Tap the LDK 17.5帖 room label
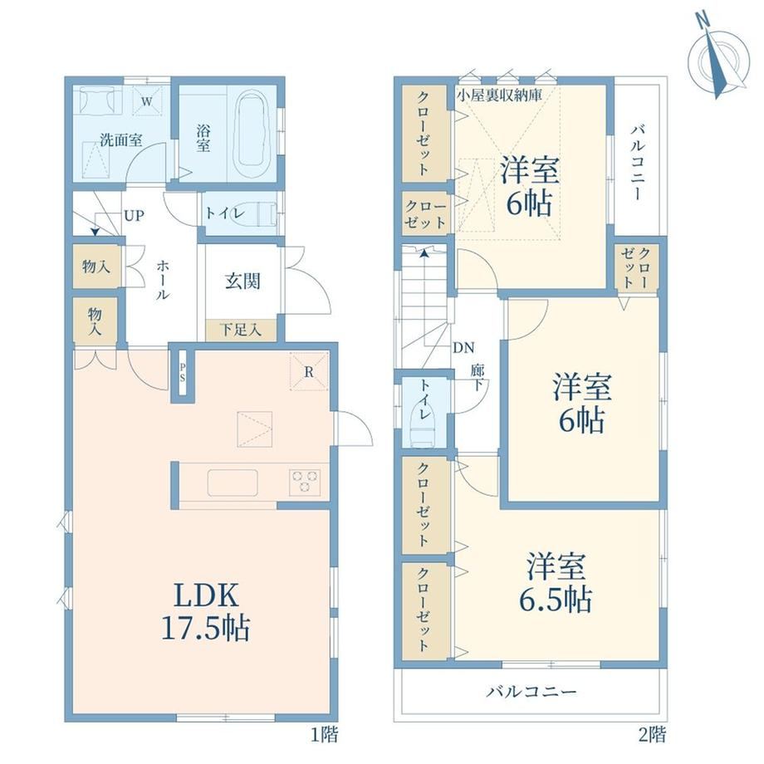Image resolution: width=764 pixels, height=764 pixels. point(206,611)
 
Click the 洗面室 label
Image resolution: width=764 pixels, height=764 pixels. point(121,140)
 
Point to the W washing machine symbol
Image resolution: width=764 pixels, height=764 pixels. point(147,100)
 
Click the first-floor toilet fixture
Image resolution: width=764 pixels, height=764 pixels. point(256,213)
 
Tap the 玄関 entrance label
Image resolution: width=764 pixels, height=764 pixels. point(242,282)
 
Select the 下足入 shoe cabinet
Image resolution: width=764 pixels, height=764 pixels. point(241,331)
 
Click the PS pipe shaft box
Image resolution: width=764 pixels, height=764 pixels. point(182,373)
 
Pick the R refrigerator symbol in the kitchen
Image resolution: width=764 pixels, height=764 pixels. point(308,371)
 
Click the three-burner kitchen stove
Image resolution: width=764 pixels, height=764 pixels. point(305,482)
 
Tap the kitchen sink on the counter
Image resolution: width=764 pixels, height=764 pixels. point(233,482)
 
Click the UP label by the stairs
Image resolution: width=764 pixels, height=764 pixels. point(134,215)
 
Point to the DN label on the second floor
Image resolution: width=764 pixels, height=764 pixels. point(463,348)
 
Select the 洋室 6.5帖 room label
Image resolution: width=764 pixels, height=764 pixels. point(556,582)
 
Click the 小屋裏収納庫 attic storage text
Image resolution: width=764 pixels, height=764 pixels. point(499,95)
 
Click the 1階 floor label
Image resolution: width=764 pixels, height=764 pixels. point(325,734)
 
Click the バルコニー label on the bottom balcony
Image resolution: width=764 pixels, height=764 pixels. point(531,692)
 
